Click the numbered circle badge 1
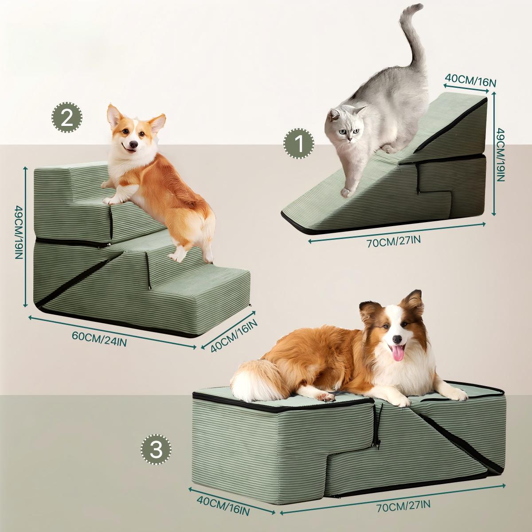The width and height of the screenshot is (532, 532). tap(299, 144)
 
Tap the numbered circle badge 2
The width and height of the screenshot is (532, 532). tap(67, 117)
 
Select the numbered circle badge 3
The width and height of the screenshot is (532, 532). tap(156, 450)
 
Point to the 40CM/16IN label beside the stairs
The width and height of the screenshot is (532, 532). tap(235, 335)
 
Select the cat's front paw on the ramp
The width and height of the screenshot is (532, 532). tap(346, 192)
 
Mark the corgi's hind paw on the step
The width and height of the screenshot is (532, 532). tap(177, 257)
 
